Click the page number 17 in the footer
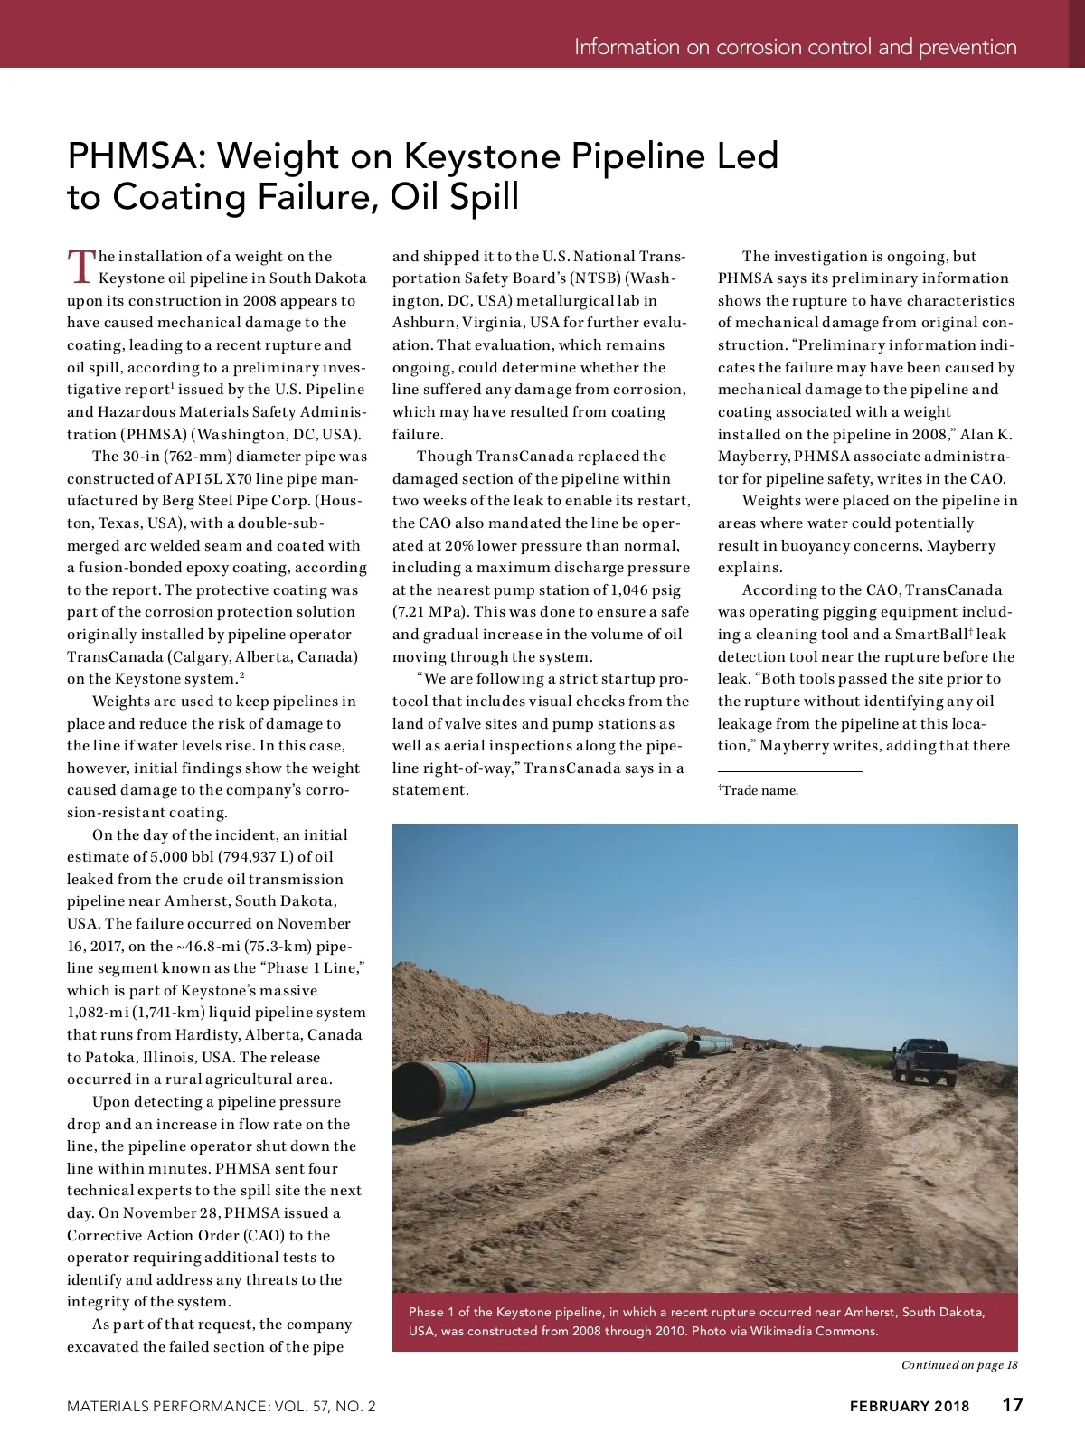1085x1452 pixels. tap(1012, 1405)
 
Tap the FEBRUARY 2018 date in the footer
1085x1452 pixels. tap(909, 1406)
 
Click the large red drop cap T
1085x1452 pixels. tap(80, 265)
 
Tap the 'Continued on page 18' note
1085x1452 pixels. tap(958, 1365)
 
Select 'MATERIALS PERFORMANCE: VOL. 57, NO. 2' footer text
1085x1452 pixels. tap(221, 1406)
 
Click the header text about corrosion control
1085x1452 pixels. tap(795, 47)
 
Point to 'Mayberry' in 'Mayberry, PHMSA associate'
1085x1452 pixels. tap(752, 457)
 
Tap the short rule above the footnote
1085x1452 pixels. tap(790, 771)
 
